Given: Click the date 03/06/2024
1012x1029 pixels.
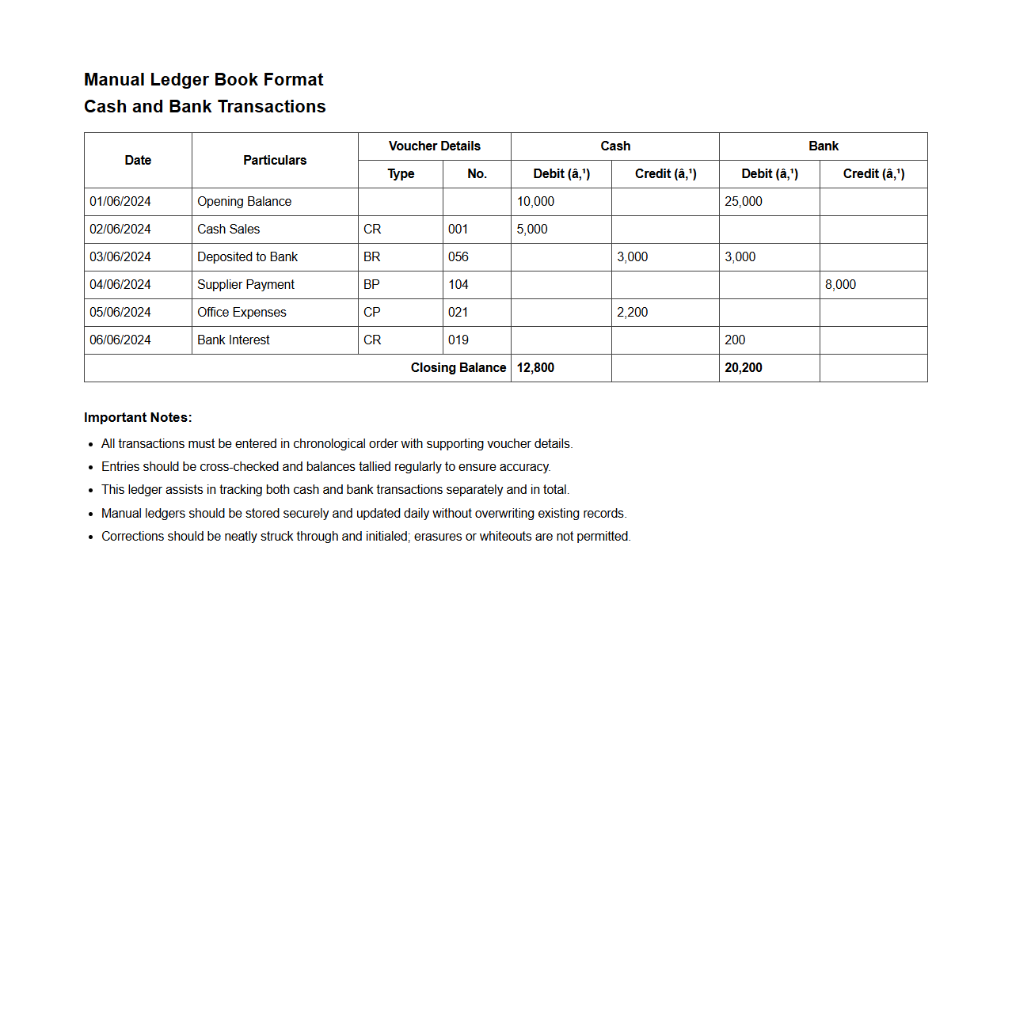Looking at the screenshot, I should coord(120,257).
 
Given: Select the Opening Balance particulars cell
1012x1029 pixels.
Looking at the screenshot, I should coord(244,202).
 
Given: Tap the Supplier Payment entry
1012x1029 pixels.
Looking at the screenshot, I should coord(245,285).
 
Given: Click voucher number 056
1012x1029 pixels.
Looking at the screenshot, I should coord(458,257).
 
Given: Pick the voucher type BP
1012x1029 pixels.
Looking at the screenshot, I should coord(371,285).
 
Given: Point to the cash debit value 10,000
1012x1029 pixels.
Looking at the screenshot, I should coord(535,202).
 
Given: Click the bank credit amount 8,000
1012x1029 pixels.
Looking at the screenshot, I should coord(840,285).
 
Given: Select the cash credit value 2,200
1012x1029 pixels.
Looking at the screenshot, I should coord(632,313).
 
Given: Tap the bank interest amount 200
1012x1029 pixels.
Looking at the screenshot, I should coord(735,340).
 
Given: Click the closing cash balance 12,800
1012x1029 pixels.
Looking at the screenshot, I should coord(535,368).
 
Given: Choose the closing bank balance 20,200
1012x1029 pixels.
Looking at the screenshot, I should coord(744,368).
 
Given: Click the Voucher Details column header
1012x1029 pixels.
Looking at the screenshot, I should coord(435,146).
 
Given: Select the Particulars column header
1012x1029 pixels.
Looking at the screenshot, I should coord(275,161).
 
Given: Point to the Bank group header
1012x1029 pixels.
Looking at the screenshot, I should coord(824,146).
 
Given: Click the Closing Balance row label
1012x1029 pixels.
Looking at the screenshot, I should coord(458,368).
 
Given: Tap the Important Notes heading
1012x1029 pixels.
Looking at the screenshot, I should coord(138,418).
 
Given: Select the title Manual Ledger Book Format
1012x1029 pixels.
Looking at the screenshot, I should coord(204,80).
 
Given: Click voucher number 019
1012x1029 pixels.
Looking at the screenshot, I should coord(458,340).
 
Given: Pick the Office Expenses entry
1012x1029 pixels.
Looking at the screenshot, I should coord(242,313).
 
